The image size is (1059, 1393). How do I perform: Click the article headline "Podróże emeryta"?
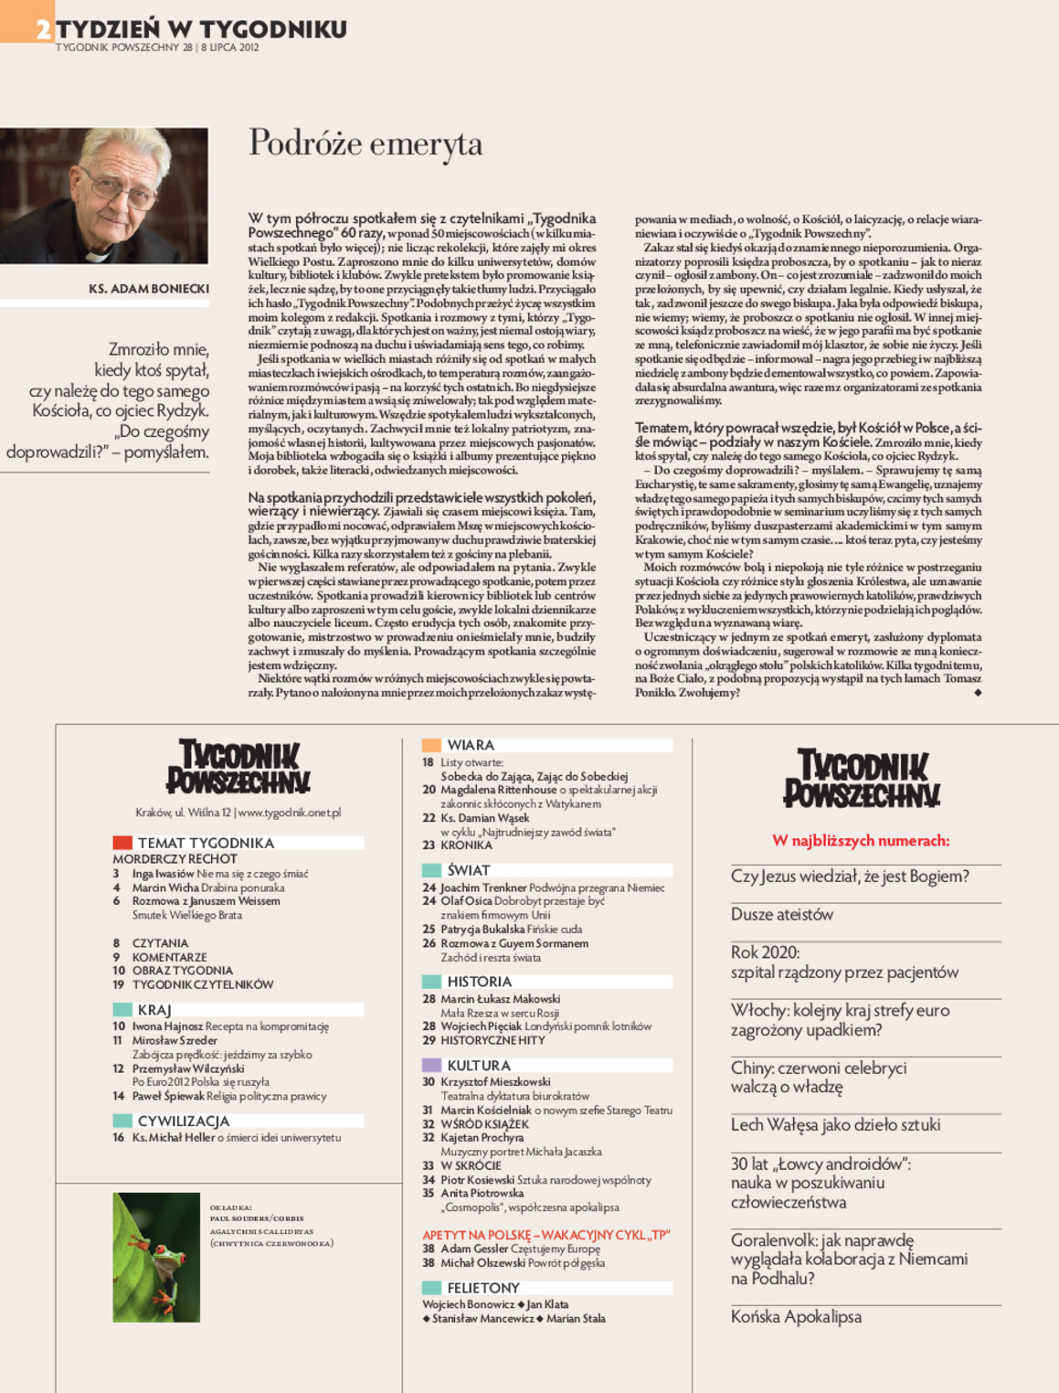click(365, 144)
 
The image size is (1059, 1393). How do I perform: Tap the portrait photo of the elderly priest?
click(103, 196)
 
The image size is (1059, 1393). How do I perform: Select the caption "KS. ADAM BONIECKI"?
click(149, 289)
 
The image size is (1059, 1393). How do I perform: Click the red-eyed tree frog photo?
click(156, 1257)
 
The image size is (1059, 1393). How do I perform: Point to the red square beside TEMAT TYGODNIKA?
click(122, 843)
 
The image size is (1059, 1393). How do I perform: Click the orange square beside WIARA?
click(431, 745)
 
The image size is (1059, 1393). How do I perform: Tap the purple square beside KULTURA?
click(431, 1065)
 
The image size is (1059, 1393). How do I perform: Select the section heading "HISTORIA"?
click(479, 982)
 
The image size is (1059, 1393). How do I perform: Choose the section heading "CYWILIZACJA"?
click(183, 1121)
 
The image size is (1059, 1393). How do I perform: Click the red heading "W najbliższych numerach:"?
click(861, 841)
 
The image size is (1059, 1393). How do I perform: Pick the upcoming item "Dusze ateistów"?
click(781, 914)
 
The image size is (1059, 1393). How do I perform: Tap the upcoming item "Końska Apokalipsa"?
click(796, 1317)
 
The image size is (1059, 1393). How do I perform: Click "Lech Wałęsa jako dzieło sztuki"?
click(835, 1125)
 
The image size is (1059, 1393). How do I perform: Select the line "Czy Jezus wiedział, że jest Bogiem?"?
click(850, 877)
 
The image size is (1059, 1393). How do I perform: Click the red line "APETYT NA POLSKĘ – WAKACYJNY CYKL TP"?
click(545, 1234)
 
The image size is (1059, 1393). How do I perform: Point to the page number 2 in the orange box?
click(43, 29)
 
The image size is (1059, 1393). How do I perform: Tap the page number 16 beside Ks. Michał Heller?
click(119, 1138)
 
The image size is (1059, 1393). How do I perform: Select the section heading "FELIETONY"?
click(482, 1288)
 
